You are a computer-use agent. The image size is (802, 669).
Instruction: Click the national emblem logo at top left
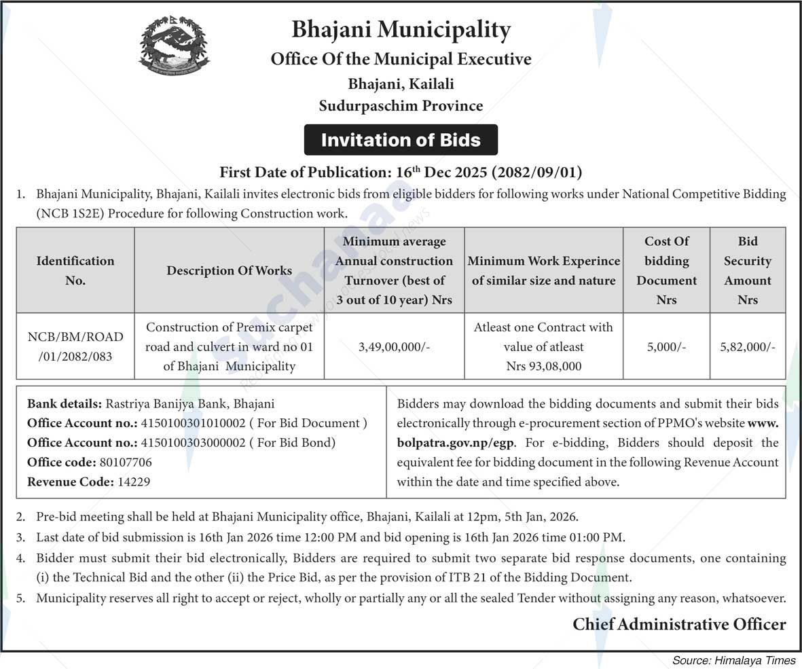click(174, 46)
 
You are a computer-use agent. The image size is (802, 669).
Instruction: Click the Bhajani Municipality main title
click(401, 30)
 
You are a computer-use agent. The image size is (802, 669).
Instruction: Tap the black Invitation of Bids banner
click(401, 140)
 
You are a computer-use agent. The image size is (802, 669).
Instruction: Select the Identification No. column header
click(75, 270)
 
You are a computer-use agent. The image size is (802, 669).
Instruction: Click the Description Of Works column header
click(230, 270)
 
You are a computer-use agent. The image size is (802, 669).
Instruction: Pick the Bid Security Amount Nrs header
click(747, 270)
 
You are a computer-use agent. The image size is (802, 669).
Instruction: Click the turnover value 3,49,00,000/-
click(395, 346)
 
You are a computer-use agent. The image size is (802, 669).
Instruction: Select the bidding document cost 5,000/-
click(666, 346)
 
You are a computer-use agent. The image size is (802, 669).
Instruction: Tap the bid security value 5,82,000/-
click(748, 346)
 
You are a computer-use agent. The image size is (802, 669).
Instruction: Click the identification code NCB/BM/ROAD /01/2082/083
click(75, 346)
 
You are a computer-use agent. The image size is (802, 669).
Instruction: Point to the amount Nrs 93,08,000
click(543, 366)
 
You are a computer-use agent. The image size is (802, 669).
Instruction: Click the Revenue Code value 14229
click(134, 482)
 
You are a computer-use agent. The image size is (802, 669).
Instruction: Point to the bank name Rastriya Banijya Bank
click(167, 403)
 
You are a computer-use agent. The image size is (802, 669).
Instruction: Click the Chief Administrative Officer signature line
click(679, 624)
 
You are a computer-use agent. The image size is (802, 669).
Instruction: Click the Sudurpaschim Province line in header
click(401, 105)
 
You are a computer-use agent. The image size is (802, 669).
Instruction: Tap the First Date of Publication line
click(401, 172)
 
